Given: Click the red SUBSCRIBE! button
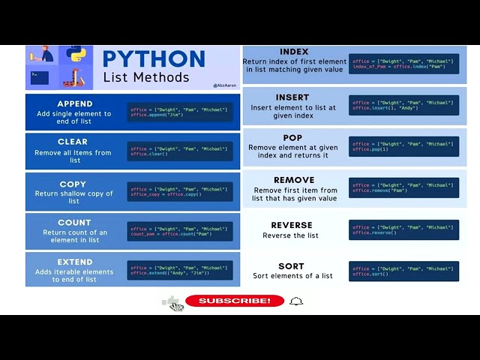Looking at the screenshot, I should click(x=235, y=301).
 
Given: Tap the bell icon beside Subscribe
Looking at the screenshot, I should click(x=296, y=301).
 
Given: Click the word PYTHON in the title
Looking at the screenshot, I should click(x=154, y=59).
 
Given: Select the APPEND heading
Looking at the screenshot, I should click(x=75, y=104).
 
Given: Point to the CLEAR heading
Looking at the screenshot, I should click(x=73, y=142).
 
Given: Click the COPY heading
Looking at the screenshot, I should click(x=73, y=184).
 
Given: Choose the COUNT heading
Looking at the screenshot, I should click(x=74, y=223).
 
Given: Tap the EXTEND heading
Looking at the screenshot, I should click(x=75, y=262).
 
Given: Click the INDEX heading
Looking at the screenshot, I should click(x=294, y=52).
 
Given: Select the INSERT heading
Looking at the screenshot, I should click(x=292, y=97).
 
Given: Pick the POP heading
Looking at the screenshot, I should click(x=292, y=138).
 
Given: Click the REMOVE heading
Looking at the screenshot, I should click(x=294, y=180).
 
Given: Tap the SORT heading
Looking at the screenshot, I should click(x=292, y=266).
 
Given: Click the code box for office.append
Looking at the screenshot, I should click(x=180, y=112).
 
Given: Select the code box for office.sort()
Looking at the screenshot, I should click(x=403, y=271).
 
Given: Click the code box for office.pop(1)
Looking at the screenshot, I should click(x=403, y=146).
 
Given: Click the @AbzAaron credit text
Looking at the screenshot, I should click(x=225, y=85).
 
